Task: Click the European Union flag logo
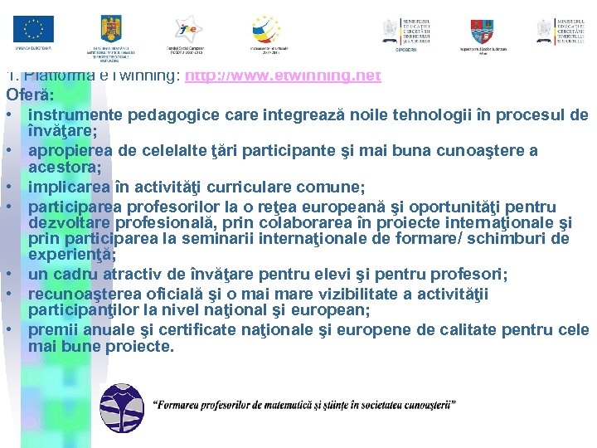click(x=33, y=30)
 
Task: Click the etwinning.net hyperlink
click(x=283, y=75)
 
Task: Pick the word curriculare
click(x=254, y=187)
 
